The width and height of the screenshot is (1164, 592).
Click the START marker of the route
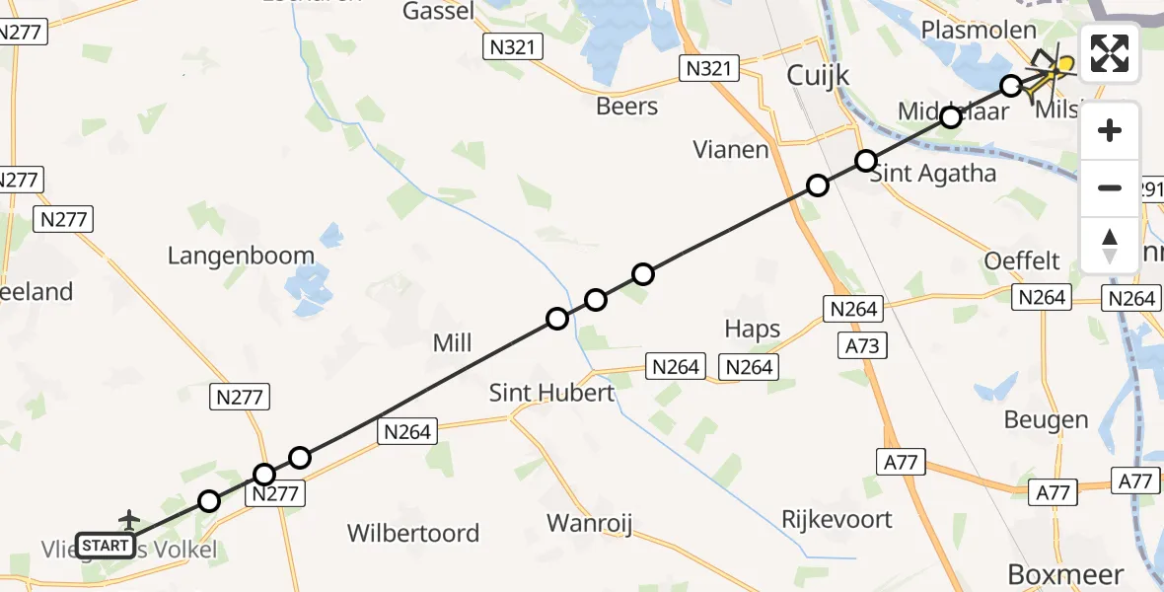[x=105, y=546]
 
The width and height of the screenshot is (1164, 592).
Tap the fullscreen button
[x=1110, y=53]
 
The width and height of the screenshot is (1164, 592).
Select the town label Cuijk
[x=818, y=75]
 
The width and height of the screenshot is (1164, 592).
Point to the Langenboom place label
[x=241, y=257]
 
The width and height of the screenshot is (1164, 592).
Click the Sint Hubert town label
[x=551, y=393]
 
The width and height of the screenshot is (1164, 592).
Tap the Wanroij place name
[x=589, y=523]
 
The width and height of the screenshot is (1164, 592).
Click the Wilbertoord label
[x=413, y=534]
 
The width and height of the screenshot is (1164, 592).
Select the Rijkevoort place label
[x=837, y=519]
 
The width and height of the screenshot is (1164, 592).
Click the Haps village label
[x=752, y=330]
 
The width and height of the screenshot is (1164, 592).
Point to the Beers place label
[x=627, y=106]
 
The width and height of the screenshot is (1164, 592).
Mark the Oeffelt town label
[x=1022, y=261]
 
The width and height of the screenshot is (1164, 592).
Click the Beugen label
[x=1046, y=420]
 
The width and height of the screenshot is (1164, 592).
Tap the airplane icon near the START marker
[x=128, y=519]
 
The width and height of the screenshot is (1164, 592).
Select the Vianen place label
[x=731, y=150]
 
